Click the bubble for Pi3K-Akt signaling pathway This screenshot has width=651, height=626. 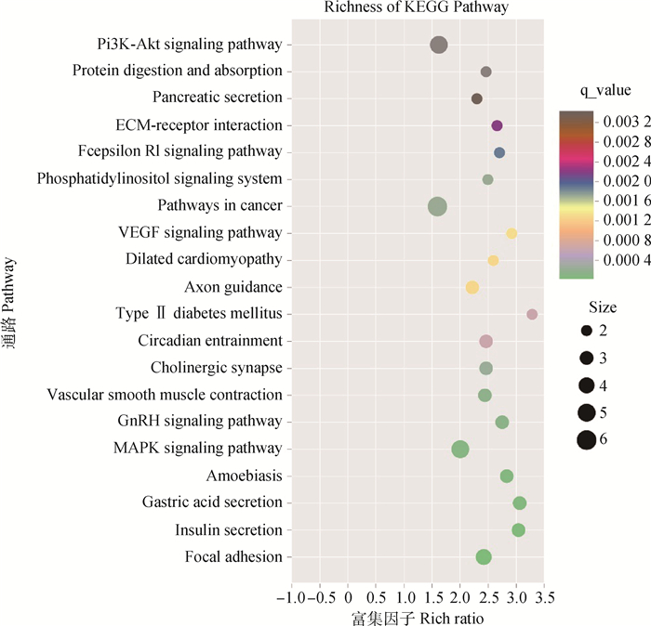click(439, 45)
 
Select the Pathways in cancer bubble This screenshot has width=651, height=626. click(437, 206)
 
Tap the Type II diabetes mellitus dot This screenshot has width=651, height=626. click(532, 314)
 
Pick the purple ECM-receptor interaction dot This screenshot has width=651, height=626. click(497, 125)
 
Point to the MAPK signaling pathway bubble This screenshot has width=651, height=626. click(460, 450)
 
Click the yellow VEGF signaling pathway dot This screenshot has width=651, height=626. click(511, 233)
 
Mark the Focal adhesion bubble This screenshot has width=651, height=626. click(484, 557)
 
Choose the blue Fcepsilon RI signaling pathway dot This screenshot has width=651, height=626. click(499, 152)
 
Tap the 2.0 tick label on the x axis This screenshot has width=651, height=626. click(459, 594)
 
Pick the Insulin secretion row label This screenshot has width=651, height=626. click(228, 530)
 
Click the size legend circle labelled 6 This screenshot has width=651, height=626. click(586, 439)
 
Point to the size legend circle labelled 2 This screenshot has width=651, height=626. click(586, 332)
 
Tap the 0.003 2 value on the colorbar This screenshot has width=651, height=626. click(623, 121)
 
